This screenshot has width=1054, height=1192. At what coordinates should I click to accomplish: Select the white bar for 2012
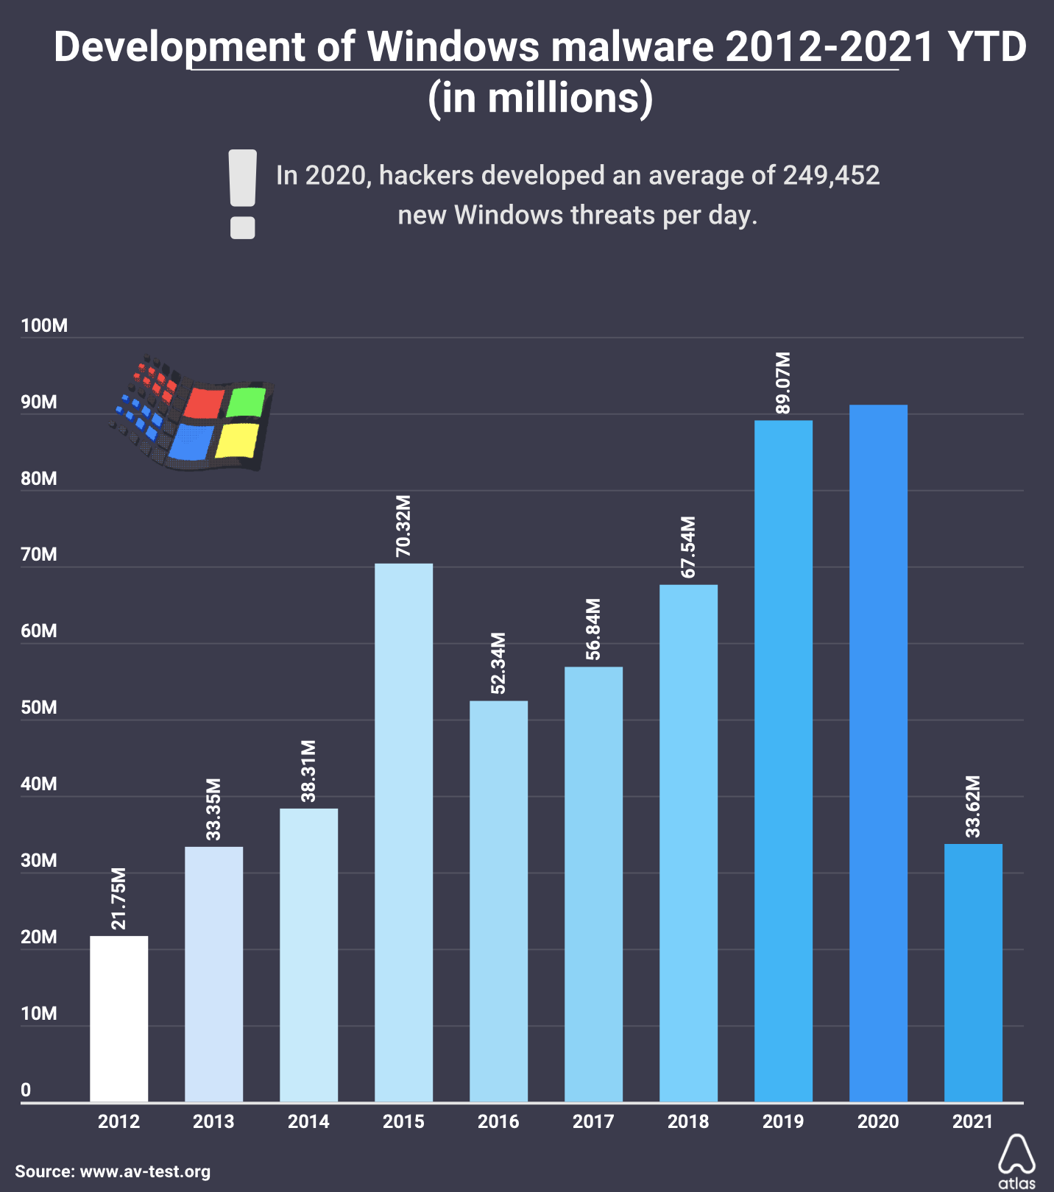click(119, 1018)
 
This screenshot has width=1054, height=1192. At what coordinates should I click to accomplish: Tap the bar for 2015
click(403, 832)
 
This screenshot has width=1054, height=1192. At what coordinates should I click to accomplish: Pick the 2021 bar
click(973, 972)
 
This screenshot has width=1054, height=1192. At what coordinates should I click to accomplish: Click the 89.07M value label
click(783, 383)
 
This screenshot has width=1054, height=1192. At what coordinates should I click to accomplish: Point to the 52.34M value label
click(498, 662)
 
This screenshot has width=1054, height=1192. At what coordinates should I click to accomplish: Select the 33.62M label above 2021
click(973, 806)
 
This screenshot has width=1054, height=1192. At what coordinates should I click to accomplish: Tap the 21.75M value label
click(119, 898)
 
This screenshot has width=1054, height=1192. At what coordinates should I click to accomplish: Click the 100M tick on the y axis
click(44, 325)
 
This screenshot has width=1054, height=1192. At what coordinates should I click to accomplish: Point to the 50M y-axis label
click(39, 707)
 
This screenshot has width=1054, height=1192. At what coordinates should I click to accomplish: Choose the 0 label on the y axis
click(26, 1090)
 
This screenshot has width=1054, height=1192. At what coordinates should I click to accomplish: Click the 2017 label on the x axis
click(593, 1121)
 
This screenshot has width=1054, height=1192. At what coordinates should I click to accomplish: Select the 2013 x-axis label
click(213, 1121)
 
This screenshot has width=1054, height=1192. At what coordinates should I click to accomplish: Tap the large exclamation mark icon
click(243, 194)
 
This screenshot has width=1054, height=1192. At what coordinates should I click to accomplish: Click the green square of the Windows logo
click(246, 402)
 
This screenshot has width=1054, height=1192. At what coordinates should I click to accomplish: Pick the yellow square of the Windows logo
click(237, 440)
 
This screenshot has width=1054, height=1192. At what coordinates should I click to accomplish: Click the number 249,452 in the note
click(831, 175)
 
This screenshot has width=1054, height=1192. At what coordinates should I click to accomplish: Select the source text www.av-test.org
click(145, 1171)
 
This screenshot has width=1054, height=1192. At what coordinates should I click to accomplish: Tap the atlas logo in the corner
click(1016, 1161)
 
